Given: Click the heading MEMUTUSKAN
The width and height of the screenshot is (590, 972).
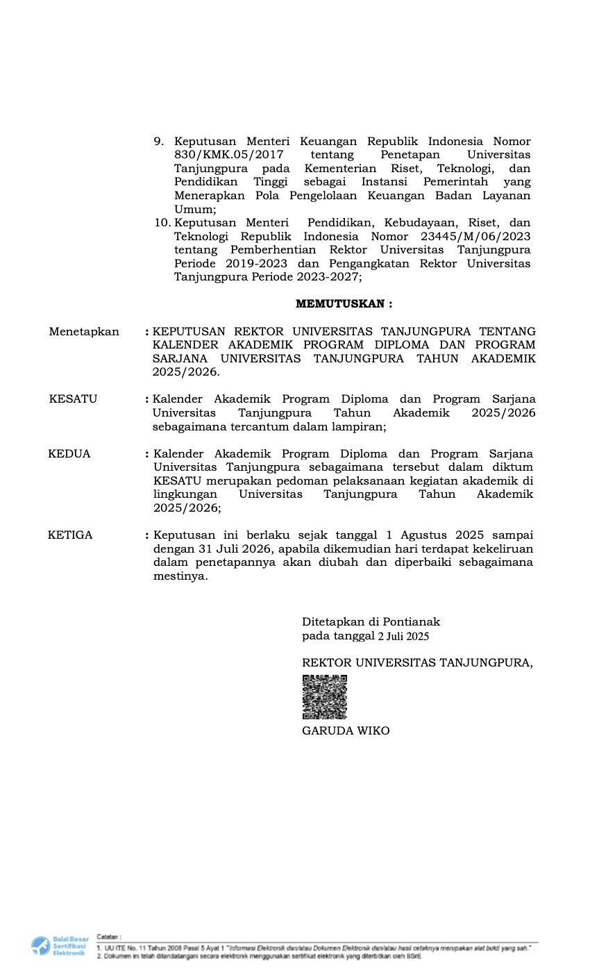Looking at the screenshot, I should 344,304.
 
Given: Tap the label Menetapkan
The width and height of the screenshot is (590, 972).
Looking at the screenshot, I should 84,332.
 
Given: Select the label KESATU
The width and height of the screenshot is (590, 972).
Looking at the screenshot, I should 73,399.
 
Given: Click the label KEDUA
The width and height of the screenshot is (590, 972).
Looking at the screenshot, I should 69,454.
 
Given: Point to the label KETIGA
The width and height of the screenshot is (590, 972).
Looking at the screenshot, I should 70,535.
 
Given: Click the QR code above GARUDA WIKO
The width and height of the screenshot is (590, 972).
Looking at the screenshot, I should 324,697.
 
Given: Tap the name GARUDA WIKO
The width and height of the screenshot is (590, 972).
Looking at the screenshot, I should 346,731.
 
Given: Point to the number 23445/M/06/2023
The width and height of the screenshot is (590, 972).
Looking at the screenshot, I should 479,236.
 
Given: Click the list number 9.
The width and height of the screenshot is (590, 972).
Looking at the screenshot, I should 158,142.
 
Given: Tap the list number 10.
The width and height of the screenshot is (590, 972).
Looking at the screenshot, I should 162,223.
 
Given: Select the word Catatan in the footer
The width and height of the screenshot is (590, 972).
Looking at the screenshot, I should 109,937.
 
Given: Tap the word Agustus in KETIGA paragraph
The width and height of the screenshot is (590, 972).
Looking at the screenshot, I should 425,535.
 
